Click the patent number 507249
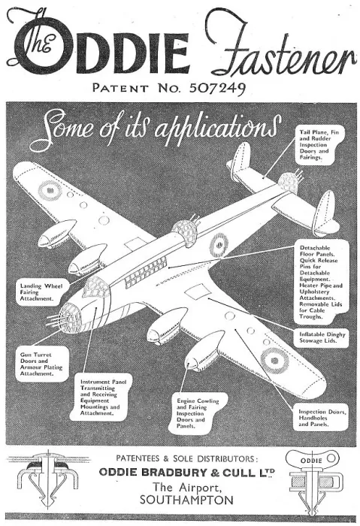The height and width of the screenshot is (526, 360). point(218,88)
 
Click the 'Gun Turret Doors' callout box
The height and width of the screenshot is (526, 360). point(41,364)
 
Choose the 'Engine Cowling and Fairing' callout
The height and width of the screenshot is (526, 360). point(198,413)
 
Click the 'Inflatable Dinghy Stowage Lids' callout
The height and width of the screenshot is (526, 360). point(322,337)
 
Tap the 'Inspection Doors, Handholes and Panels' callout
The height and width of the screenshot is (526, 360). point(322,418)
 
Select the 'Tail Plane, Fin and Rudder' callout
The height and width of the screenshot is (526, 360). point(319,144)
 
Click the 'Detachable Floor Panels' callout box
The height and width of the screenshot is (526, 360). point(321,282)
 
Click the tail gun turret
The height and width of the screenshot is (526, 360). point(289,182)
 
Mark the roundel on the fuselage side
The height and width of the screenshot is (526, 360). point(219,245)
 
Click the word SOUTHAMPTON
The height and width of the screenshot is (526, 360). point(186,500)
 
